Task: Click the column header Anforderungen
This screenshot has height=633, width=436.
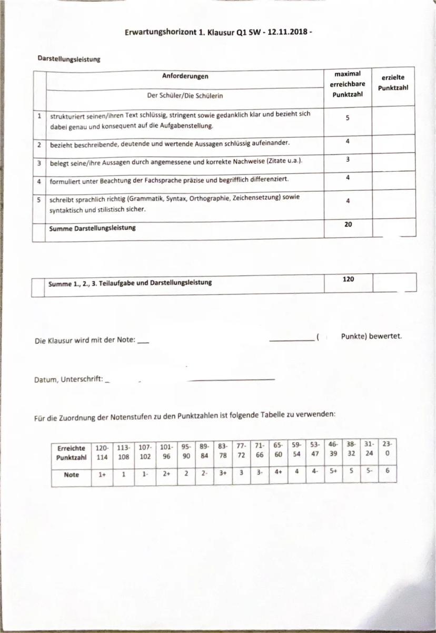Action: coord(185,76)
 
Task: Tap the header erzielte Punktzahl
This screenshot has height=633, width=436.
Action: coord(393,83)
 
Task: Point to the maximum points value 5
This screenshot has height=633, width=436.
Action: coord(348,118)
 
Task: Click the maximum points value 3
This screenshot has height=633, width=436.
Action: coord(348,159)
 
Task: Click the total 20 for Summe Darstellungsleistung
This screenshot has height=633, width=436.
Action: coord(348,224)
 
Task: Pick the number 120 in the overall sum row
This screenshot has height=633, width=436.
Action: coord(348,279)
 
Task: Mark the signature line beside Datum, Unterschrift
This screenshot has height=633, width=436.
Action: coord(231,379)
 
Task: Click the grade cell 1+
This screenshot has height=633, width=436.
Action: coord(102,474)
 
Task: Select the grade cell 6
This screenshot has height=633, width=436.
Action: coord(387,473)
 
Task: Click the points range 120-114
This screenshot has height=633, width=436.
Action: coord(102,452)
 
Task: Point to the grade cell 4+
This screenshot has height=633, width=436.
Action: coord(278,473)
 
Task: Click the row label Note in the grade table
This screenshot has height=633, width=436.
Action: coord(71,474)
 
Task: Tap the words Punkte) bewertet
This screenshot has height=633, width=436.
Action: coord(371,336)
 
